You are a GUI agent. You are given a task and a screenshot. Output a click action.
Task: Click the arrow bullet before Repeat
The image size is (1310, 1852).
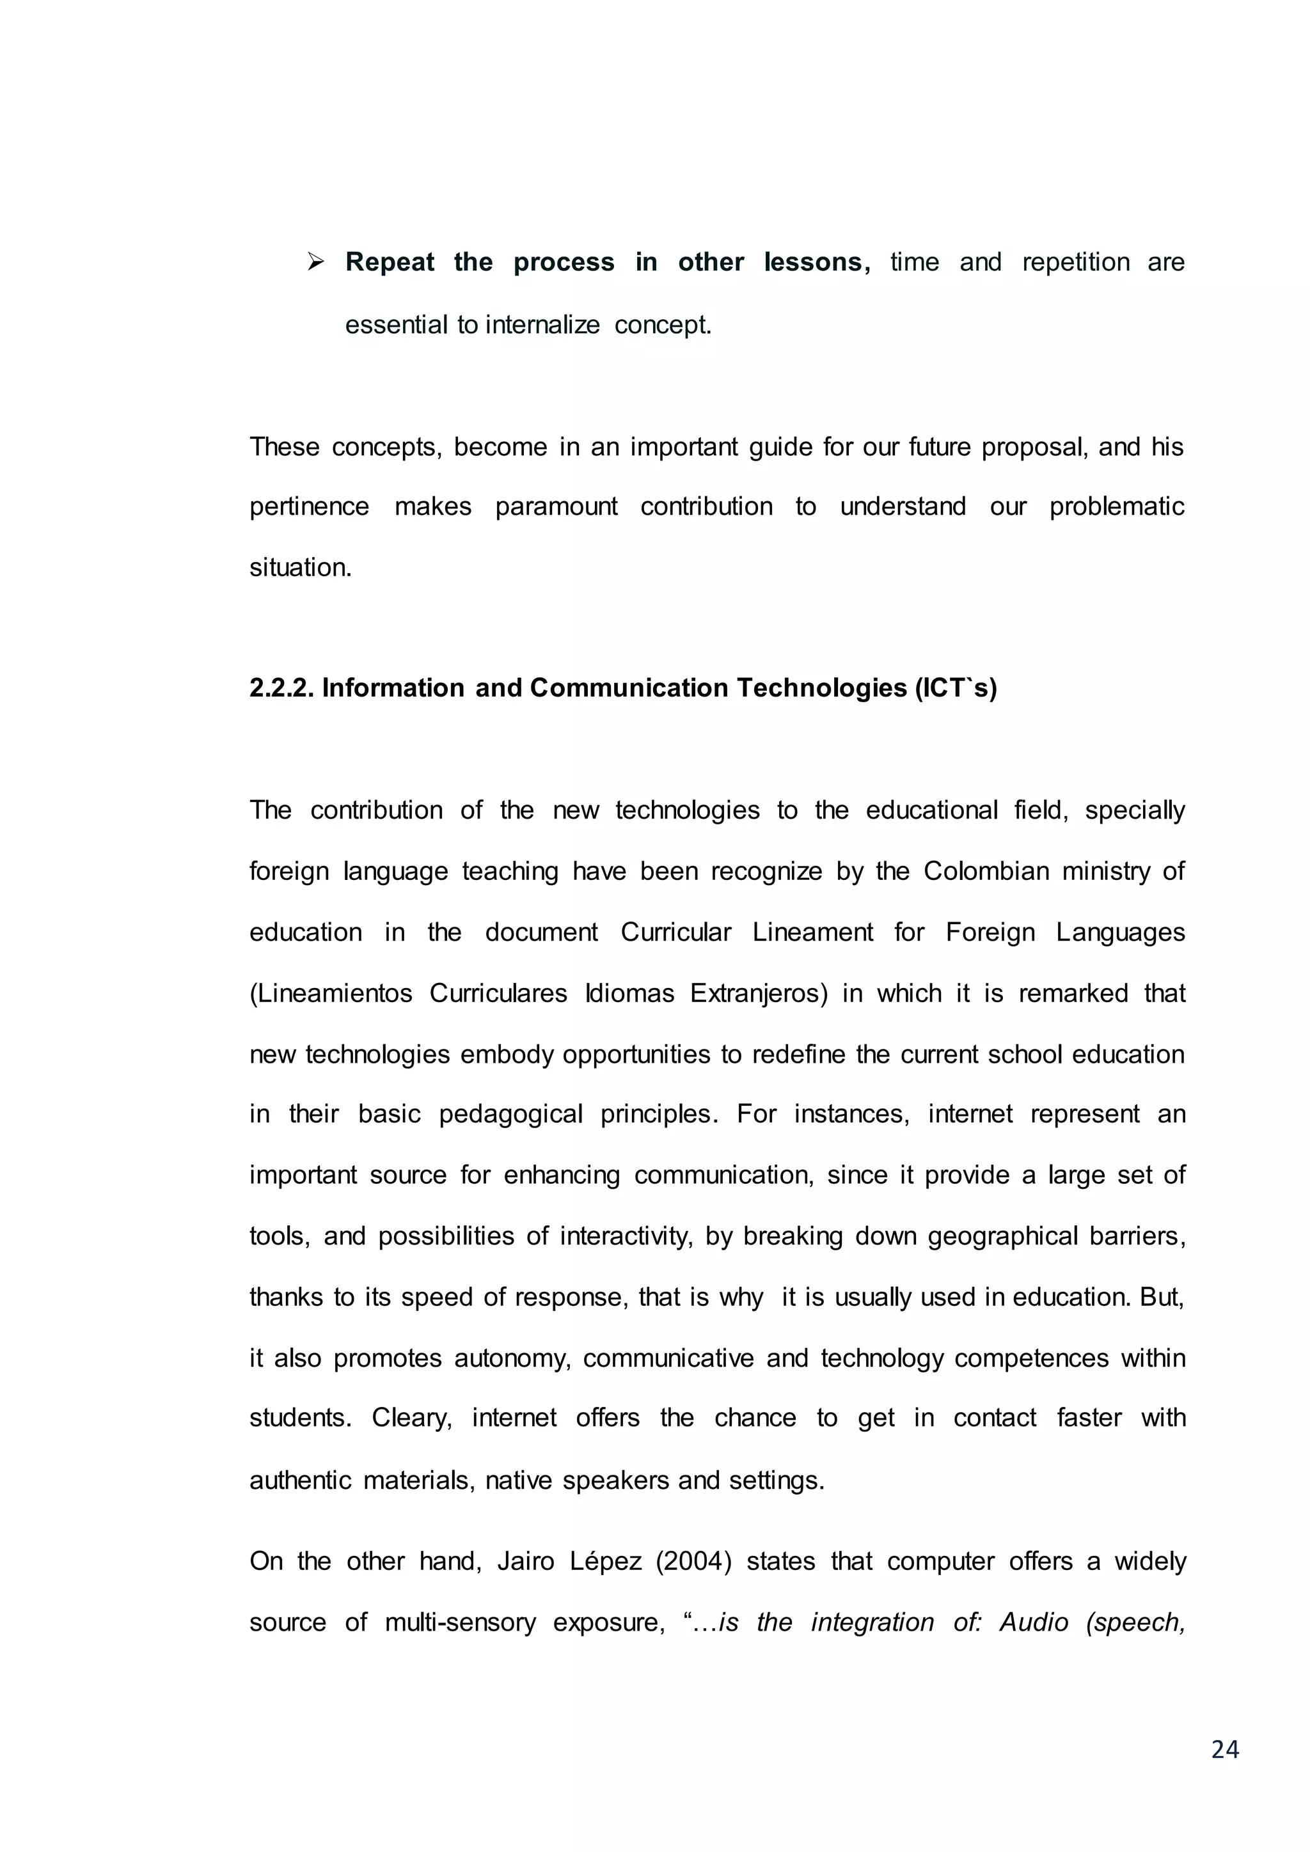(x=315, y=262)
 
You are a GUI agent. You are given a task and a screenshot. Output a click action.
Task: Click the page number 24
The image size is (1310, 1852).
(x=1224, y=1749)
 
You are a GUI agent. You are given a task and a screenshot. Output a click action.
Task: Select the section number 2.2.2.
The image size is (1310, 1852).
(x=281, y=688)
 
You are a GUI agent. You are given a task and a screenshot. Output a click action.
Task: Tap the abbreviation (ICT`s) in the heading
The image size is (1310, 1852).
(x=956, y=688)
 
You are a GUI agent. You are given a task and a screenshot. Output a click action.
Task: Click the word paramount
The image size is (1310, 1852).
(x=556, y=506)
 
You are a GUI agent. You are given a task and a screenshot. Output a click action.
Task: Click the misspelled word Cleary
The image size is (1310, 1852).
(x=411, y=1417)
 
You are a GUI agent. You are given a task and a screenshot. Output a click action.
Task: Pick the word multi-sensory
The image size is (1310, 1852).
(x=460, y=1622)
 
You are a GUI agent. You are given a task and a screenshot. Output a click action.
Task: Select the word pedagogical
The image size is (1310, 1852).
(x=510, y=1114)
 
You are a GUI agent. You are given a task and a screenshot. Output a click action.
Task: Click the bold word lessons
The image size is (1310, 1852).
(x=817, y=262)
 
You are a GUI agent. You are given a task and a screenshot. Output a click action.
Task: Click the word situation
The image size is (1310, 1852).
(x=300, y=568)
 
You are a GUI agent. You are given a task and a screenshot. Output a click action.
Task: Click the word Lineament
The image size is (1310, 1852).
(x=812, y=932)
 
